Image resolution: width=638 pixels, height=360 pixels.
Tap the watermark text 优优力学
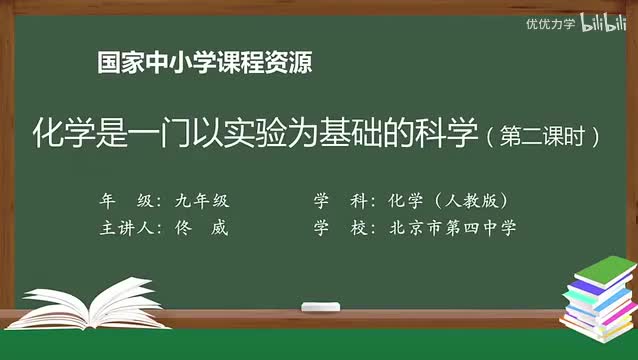click(x=550, y=24)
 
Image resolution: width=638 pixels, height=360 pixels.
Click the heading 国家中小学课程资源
click(x=205, y=63)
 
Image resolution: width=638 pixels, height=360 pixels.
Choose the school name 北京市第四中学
click(x=450, y=227)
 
